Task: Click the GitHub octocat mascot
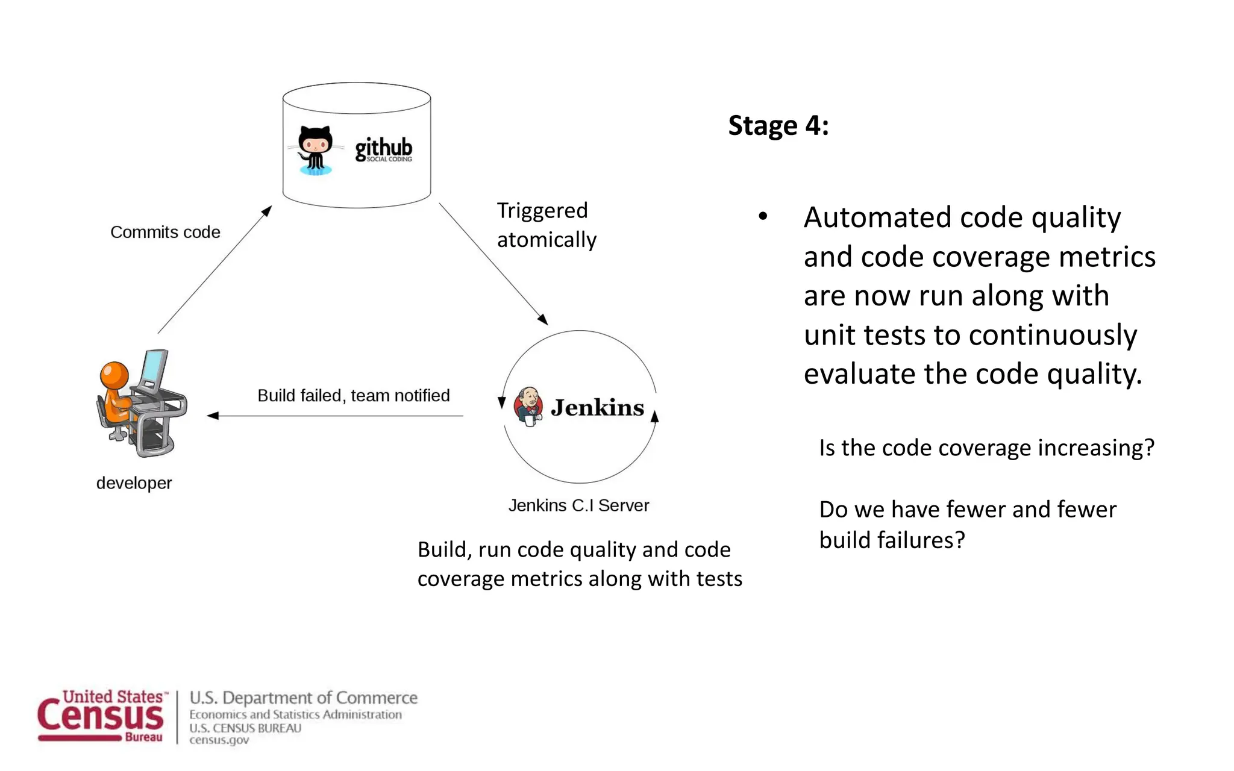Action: click(315, 149)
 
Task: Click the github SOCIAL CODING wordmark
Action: click(383, 149)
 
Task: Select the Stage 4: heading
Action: click(778, 126)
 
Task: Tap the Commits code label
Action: click(165, 232)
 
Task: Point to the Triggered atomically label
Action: click(546, 225)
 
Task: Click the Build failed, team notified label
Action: click(354, 396)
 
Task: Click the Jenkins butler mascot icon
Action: click(528, 407)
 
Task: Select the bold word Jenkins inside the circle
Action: click(597, 408)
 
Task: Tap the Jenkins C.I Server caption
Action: click(578, 505)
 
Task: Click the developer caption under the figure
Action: click(134, 483)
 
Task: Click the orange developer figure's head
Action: click(114, 375)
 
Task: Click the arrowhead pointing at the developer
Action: click(213, 416)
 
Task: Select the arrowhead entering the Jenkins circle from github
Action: click(542, 319)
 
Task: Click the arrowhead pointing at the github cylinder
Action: click(266, 211)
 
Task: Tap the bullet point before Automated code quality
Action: click(763, 216)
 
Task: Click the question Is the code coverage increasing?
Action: click(986, 448)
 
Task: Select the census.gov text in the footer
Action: click(219, 740)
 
